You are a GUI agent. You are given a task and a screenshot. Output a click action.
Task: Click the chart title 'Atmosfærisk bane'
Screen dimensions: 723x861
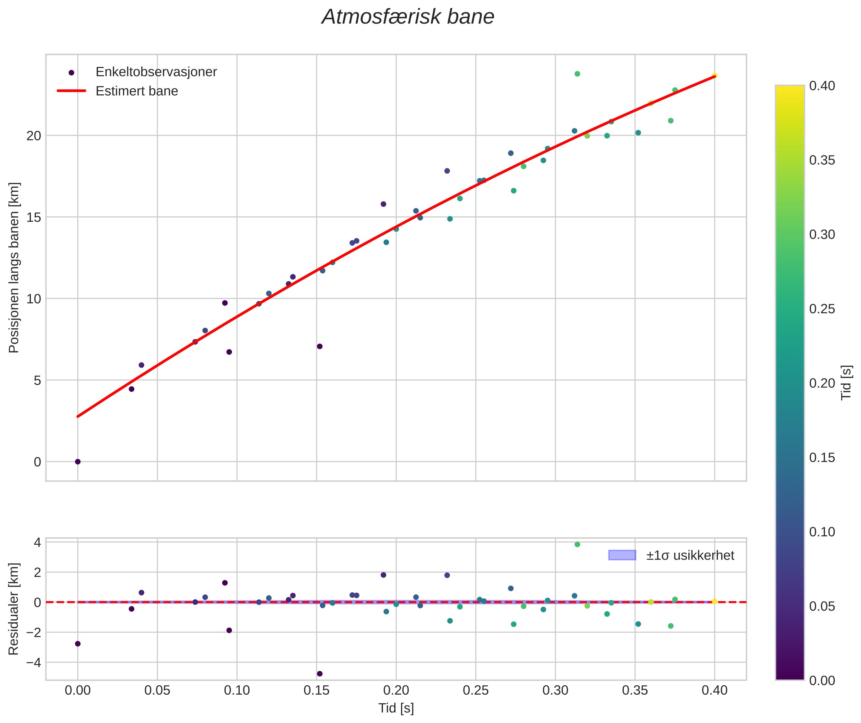click(x=408, y=17)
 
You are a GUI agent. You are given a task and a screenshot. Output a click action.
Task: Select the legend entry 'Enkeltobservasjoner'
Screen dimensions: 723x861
click(x=156, y=72)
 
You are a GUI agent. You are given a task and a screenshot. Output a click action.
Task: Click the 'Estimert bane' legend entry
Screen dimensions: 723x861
click(x=137, y=91)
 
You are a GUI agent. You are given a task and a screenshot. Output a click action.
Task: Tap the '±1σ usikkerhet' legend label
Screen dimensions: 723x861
click(x=690, y=555)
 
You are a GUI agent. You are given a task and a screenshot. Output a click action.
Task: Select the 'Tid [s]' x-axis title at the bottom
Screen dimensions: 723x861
click(x=396, y=708)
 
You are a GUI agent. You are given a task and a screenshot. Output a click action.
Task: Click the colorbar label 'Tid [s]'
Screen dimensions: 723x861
click(x=846, y=382)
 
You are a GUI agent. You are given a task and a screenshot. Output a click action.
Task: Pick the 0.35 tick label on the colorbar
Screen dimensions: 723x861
click(x=822, y=160)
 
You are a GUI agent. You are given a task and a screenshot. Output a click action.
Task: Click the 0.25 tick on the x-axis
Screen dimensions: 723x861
click(x=476, y=690)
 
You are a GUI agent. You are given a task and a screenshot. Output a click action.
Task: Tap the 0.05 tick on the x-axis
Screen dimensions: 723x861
click(x=157, y=690)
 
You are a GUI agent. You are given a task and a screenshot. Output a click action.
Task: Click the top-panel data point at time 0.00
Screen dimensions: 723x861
click(x=78, y=462)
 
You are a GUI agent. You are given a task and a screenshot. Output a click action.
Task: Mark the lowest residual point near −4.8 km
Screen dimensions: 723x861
click(x=320, y=674)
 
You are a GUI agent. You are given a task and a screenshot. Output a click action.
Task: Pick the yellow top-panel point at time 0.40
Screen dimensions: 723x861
click(x=714, y=75)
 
